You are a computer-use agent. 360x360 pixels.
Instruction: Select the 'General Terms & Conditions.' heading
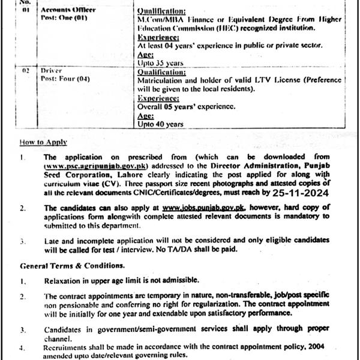click(x=72, y=265)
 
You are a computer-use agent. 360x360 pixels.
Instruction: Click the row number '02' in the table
click(x=25, y=71)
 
